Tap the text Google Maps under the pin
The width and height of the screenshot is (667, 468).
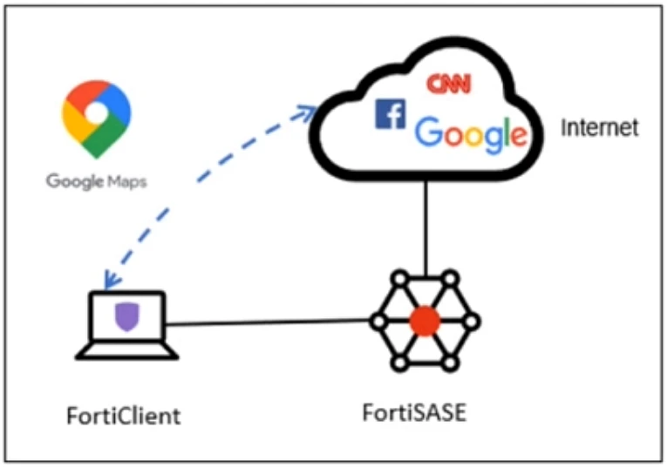point(97,182)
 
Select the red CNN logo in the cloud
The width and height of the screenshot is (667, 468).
point(447,84)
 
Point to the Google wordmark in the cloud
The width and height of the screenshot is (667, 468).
point(471,132)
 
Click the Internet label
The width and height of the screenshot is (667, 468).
point(599,128)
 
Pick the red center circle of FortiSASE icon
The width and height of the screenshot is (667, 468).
point(424,321)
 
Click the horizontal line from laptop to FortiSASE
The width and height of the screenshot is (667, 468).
point(266,323)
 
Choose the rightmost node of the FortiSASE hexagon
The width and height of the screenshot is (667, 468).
point(471,322)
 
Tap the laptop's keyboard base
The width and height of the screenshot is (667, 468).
point(127,352)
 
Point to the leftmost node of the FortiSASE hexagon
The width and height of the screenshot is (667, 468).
point(378,322)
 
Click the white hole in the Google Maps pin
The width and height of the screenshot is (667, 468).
point(97,112)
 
